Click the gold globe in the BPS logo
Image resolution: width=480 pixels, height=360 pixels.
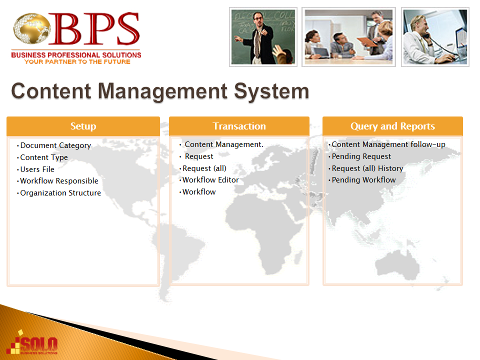point(32,28)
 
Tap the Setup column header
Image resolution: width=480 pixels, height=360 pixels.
point(83,126)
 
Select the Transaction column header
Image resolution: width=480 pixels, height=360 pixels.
point(239,126)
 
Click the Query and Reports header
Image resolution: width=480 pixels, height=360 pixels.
point(392,126)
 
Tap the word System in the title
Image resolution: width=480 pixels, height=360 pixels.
point(271,91)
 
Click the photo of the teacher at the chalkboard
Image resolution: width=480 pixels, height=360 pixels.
point(263,37)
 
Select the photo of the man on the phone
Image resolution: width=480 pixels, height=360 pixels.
point(435,37)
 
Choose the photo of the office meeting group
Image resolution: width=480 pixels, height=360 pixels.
point(348,37)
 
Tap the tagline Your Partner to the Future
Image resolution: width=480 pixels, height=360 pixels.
point(77,62)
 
